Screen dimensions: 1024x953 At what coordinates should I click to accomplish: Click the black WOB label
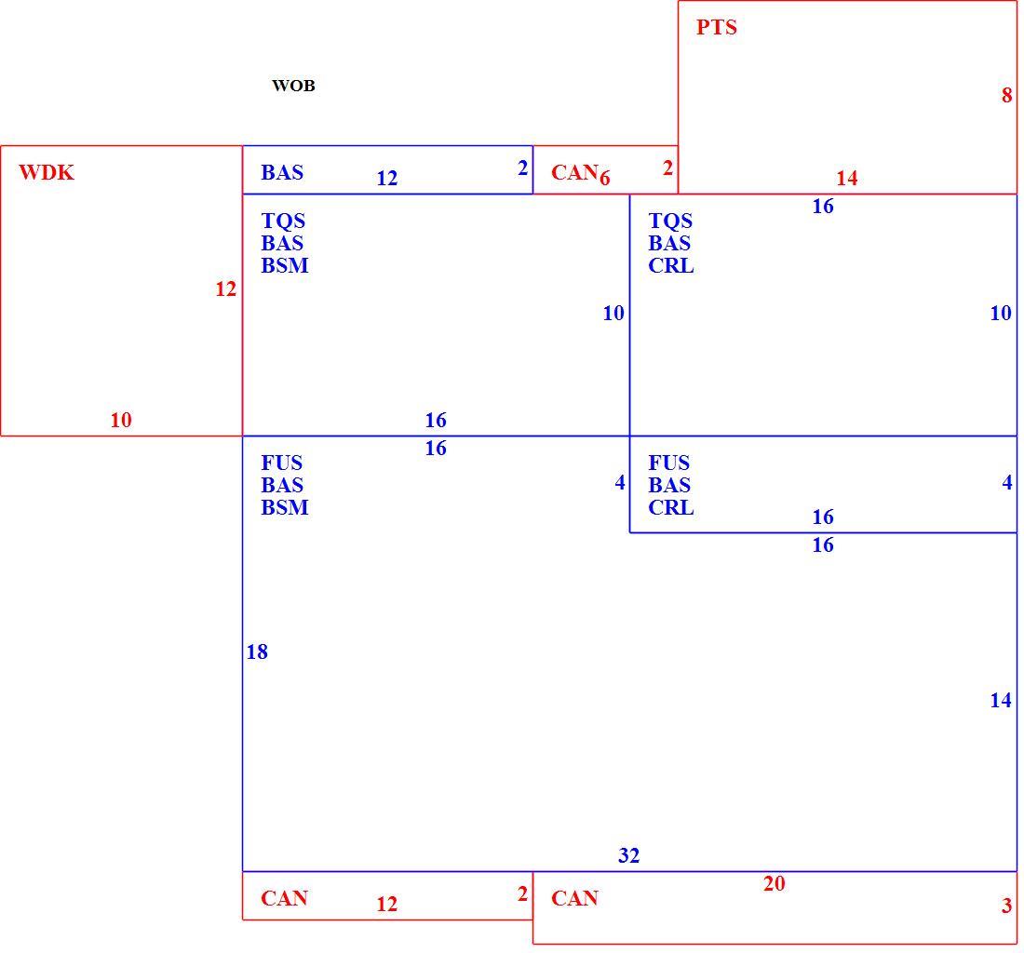[x=293, y=86]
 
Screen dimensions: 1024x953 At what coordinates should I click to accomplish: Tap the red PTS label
[x=717, y=27]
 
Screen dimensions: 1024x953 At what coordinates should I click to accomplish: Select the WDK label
[x=47, y=172]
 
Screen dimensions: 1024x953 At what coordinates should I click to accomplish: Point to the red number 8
[x=1006, y=95]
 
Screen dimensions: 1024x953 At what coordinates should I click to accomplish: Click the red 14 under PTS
[x=847, y=178]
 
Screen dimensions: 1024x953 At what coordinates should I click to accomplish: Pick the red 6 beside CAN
[x=605, y=178]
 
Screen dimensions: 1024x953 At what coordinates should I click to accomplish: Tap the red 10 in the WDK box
[x=121, y=420]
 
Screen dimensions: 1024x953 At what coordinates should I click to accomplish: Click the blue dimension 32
[x=629, y=855]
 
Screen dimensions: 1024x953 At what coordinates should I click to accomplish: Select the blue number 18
[x=257, y=651]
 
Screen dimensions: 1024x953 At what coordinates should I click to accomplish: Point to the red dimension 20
[x=774, y=883]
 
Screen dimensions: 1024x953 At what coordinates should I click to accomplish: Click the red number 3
[x=1006, y=906]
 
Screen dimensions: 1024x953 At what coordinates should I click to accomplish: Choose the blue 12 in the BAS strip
[x=386, y=178]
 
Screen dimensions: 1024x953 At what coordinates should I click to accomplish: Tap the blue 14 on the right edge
[x=1001, y=701]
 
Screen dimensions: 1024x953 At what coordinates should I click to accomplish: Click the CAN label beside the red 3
[x=574, y=898]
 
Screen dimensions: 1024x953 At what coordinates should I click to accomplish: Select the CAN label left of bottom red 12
[x=284, y=898]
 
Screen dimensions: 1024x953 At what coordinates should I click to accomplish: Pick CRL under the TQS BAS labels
[x=670, y=265]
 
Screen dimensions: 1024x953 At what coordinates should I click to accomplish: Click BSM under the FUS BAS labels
[x=284, y=507]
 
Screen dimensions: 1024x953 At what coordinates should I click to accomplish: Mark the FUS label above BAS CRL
[x=668, y=463]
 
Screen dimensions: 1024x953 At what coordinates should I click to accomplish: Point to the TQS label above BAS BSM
[x=283, y=221]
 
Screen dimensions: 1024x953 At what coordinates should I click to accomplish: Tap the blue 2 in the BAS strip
[x=522, y=168]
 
